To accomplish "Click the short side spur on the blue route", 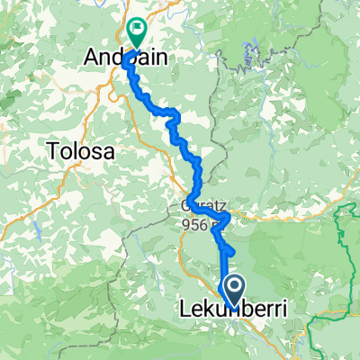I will (229, 249).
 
